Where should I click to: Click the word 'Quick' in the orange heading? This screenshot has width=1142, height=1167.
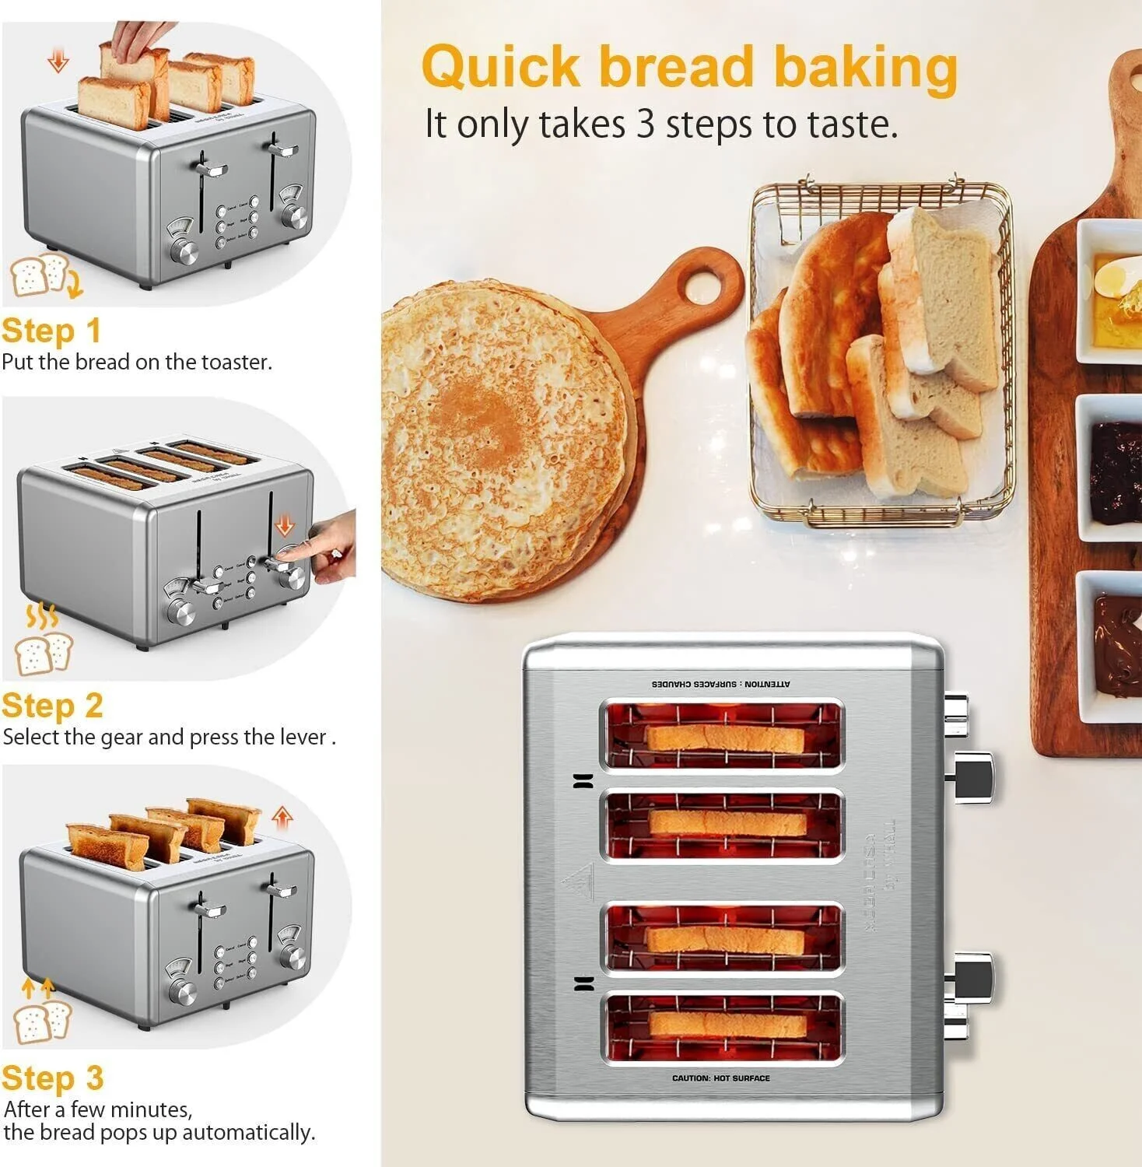tap(501, 67)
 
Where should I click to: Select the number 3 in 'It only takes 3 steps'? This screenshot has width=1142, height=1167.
tap(645, 124)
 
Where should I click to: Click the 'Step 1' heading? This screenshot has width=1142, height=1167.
tap(51, 331)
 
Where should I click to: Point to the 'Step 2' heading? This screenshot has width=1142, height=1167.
tap(52, 706)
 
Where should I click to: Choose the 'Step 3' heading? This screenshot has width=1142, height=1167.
tap(52, 1078)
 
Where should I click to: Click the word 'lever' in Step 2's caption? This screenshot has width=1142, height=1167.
tap(307, 737)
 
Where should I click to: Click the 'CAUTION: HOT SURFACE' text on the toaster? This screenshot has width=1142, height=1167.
tap(720, 1078)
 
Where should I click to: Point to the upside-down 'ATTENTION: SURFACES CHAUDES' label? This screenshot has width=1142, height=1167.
tap(720, 684)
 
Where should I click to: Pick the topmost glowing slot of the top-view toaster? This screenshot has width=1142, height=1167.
tap(722, 735)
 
